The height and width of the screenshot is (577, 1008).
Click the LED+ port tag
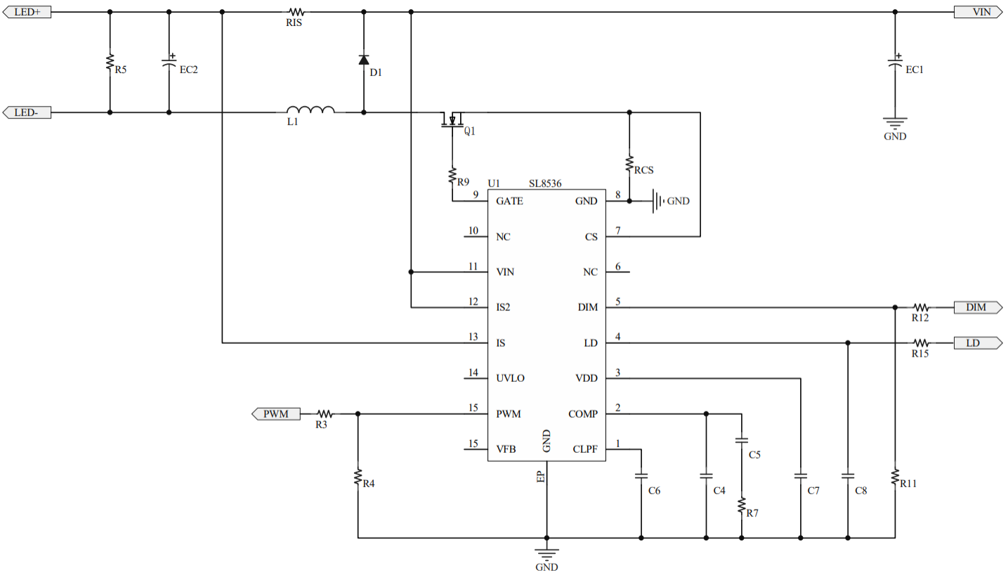coord(27,12)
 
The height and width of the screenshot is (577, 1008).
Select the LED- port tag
coord(27,112)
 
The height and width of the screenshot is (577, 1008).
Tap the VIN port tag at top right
coord(977,12)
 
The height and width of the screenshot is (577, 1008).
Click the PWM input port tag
coord(276,413)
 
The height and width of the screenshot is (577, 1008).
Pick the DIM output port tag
coord(977,307)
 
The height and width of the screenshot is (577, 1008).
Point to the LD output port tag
coord(977,343)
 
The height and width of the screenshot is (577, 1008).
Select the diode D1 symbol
coord(363,60)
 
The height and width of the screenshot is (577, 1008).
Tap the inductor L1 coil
coord(310,110)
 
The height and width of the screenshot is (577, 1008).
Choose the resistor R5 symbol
coord(110,62)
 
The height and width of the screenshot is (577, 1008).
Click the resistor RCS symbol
coord(629,164)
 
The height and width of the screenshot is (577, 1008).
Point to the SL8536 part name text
coord(544,184)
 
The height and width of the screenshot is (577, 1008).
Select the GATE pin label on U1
coord(509,201)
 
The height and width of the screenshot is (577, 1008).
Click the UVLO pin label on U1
coord(511,378)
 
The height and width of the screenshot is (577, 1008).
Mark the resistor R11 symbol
coord(895,477)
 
